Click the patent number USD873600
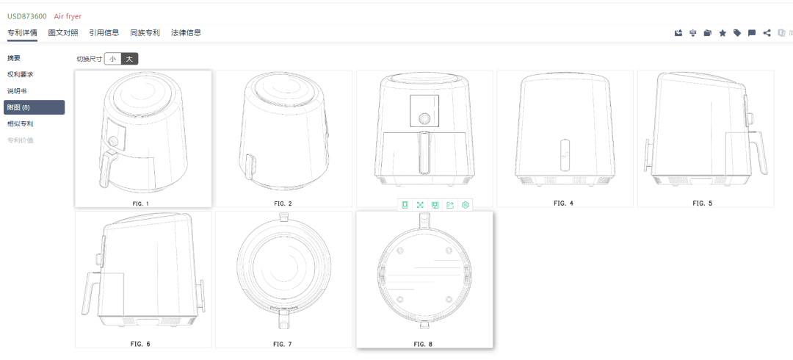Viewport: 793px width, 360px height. coord(27,16)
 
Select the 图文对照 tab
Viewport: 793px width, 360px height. coord(63,33)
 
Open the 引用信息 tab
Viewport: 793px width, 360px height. coord(104,33)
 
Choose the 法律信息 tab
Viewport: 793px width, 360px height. coord(186,33)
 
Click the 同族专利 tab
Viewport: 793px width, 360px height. coord(145,33)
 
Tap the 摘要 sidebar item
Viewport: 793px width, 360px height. coord(14,58)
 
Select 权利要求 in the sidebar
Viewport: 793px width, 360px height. coord(21,74)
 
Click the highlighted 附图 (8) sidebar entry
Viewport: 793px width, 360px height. coord(34,107)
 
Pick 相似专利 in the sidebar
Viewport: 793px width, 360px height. coord(21,123)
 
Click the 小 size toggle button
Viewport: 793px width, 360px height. coord(112,59)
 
